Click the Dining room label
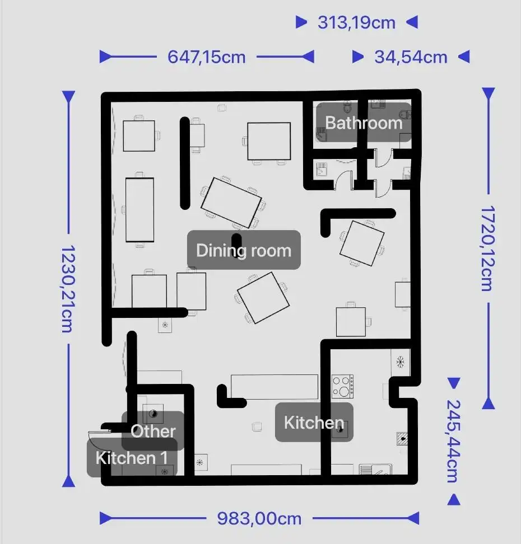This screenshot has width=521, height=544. [244, 250]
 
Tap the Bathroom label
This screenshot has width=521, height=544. [364, 123]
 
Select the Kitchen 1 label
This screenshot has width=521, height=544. [132, 458]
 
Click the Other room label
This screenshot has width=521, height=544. [153, 431]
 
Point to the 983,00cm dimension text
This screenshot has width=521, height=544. [259, 519]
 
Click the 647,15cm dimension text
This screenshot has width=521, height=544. [207, 57]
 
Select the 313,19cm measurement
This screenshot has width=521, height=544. [356, 22]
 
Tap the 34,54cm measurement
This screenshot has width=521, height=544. [411, 57]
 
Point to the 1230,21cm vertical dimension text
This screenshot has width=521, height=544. [68, 289]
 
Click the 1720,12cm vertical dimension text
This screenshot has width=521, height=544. [488, 248]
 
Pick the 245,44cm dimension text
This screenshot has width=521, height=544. [454, 440]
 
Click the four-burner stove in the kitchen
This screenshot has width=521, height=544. [342, 386]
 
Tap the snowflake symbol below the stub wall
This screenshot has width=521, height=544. [165, 325]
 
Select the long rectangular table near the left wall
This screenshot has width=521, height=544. [139, 210]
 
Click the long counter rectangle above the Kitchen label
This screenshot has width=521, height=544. [275, 387]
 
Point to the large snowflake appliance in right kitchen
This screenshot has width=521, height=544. [401, 362]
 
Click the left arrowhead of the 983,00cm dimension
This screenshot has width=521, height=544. [105, 518]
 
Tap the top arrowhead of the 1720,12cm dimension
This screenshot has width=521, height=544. [489, 93]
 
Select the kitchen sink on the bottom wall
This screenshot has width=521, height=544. [375, 470]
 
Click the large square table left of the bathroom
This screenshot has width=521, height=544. [269, 141]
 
